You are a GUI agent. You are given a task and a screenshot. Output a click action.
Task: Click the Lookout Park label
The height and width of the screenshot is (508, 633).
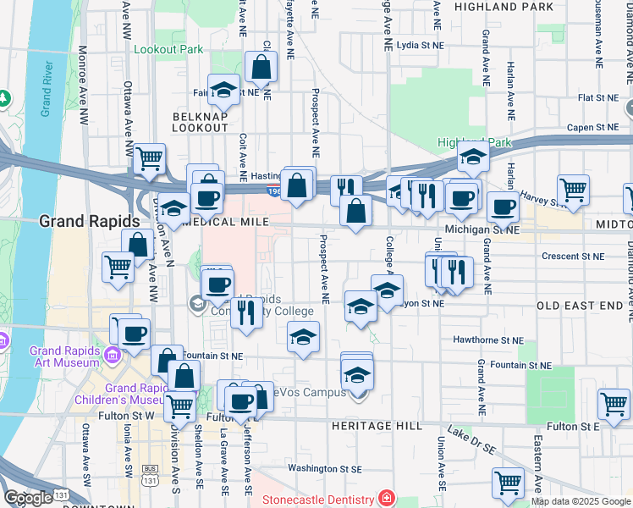pyautogui.click(x=168, y=49)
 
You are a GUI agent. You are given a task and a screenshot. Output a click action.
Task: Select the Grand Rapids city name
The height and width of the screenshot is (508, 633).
pyautogui.click(x=89, y=221)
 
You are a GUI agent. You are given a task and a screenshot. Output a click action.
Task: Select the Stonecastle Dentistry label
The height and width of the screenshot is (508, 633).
pyautogui.click(x=317, y=500)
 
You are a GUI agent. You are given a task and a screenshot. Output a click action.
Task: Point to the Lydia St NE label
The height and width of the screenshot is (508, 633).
pyautogui.click(x=420, y=45)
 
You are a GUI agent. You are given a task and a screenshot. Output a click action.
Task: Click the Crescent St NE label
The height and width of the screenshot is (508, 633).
pyautogui.click(x=574, y=256)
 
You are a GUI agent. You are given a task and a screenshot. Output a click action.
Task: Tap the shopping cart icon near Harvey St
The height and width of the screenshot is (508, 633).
pyautogui.click(x=573, y=190)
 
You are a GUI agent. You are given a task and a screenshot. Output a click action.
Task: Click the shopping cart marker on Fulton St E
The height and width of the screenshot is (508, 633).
pyautogui.click(x=614, y=403)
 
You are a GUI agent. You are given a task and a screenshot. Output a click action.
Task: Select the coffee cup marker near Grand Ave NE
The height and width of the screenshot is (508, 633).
pyautogui.click(x=503, y=206)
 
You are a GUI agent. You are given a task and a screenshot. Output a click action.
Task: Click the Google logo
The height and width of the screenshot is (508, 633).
pyautogui.click(x=28, y=498)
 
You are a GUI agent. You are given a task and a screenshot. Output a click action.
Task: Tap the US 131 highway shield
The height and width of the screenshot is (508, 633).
pyautogui.click(x=150, y=480)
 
